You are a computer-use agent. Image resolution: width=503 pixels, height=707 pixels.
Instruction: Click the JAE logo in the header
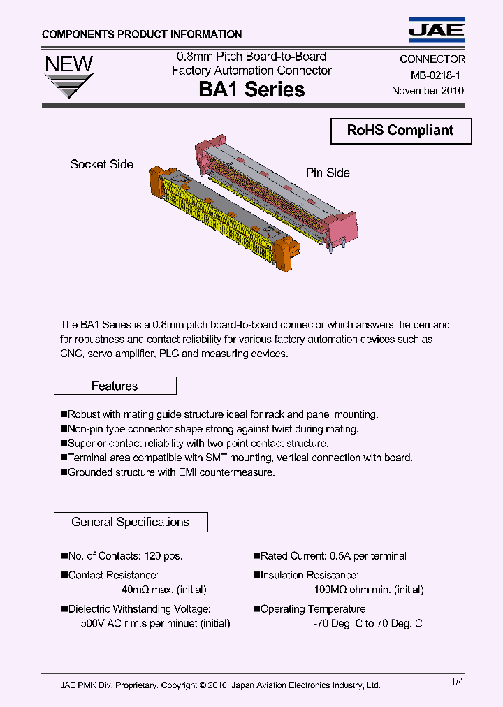pos(437,29)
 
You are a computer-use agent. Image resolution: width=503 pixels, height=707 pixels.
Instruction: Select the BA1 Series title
pos(251,89)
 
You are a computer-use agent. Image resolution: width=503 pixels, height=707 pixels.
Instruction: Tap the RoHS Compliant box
pos(400,131)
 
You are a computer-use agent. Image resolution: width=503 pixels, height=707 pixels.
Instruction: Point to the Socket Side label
pos(101,164)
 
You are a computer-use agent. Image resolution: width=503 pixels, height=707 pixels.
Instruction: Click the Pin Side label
pos(328,173)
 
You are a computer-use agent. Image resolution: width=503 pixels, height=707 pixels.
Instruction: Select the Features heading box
pos(115,386)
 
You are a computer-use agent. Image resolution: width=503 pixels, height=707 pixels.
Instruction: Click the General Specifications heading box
pos(130,522)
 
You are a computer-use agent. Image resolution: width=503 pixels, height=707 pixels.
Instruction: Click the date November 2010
pos(427,91)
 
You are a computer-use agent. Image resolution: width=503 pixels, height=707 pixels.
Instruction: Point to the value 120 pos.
pos(163,556)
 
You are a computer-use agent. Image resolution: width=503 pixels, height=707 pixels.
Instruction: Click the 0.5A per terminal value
pos(368,556)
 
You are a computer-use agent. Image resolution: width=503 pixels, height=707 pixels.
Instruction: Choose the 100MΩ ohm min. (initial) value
pos(368,590)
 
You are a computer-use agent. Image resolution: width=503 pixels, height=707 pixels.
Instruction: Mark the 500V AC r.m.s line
pos(155,623)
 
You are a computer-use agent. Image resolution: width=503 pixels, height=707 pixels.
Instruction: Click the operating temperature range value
pos(367,623)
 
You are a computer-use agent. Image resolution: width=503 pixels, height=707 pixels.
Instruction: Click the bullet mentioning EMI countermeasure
pos(168,472)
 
